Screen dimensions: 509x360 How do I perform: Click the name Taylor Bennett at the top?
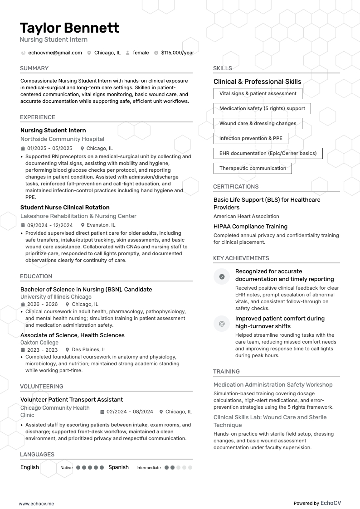click(69, 28)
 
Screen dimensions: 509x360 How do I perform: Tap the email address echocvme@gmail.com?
click(55, 53)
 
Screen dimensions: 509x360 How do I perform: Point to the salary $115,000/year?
click(177, 53)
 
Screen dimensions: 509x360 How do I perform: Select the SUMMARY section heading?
click(34, 68)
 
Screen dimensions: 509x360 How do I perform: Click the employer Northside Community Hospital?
click(62, 139)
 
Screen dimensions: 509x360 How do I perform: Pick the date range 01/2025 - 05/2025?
click(49, 148)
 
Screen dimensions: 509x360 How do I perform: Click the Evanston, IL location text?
click(101, 225)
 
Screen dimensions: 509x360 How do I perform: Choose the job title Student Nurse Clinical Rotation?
click(65, 208)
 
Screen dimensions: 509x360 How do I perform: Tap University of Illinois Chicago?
click(56, 297)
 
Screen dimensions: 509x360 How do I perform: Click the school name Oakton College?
click(39, 343)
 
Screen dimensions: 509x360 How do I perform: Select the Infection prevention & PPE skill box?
click(251, 138)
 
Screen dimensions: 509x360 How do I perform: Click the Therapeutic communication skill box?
click(253, 168)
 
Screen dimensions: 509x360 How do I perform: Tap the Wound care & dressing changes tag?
click(258, 123)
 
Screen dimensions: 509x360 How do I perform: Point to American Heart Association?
click(246, 216)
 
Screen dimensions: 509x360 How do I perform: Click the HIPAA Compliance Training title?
click(250, 227)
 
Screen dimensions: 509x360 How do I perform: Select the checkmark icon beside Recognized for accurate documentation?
click(222, 276)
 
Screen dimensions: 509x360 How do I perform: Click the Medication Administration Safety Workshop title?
click(273, 385)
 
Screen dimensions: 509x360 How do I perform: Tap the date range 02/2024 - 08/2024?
click(130, 412)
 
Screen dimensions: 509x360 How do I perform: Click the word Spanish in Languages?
click(118, 467)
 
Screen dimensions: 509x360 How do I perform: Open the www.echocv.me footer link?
click(36, 504)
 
